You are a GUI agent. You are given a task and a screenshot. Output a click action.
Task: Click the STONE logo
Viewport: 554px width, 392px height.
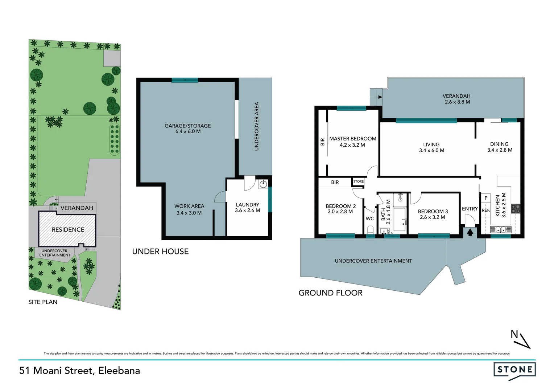pyautogui.click(x=514, y=370)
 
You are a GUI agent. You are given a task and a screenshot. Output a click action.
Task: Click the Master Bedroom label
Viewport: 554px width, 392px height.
pyautogui.click(x=352, y=139)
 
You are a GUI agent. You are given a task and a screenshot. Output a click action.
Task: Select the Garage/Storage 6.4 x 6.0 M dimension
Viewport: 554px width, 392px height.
pyautogui.click(x=188, y=131)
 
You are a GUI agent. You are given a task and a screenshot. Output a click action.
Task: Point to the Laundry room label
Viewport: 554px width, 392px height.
pyautogui.click(x=247, y=205)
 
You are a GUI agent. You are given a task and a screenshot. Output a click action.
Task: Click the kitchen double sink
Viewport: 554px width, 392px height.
pyautogui.click(x=500, y=229)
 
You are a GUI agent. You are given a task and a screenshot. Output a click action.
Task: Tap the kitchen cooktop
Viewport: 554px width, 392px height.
pyautogui.click(x=516, y=209)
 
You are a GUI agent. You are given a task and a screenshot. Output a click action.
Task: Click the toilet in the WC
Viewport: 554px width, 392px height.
pyautogui.click(x=370, y=230)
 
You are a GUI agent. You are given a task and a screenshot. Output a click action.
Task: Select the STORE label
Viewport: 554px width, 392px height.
pyautogui.click(x=358, y=181)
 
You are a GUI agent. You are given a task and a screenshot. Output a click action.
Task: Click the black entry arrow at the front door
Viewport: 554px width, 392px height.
pyautogui.click(x=470, y=232)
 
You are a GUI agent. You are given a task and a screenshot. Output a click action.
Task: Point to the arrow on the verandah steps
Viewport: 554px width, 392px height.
pyautogui.click(x=380, y=97)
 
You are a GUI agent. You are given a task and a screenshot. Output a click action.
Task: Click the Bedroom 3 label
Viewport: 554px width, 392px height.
pyautogui.click(x=433, y=211)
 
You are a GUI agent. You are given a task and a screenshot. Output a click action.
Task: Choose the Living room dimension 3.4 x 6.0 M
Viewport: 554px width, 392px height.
pyautogui.click(x=431, y=150)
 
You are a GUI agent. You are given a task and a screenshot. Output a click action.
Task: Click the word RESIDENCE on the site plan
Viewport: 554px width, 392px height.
pyautogui.click(x=68, y=229)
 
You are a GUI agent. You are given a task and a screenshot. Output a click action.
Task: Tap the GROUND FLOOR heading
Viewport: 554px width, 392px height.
pyautogui.click(x=330, y=293)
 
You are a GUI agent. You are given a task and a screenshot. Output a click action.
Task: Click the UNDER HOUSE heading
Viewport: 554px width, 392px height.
pyautogui.click(x=160, y=252)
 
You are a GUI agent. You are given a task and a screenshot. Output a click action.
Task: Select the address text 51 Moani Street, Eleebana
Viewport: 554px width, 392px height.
pyautogui.click(x=80, y=371)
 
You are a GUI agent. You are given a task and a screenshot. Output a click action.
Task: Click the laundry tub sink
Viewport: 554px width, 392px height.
pyautogui.click(x=263, y=184)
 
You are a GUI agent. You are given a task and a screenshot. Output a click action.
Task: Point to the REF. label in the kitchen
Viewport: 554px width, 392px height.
pyautogui.click(x=485, y=210)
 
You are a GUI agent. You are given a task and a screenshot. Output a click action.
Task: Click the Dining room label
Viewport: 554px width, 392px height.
pyautogui.click(x=499, y=144)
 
